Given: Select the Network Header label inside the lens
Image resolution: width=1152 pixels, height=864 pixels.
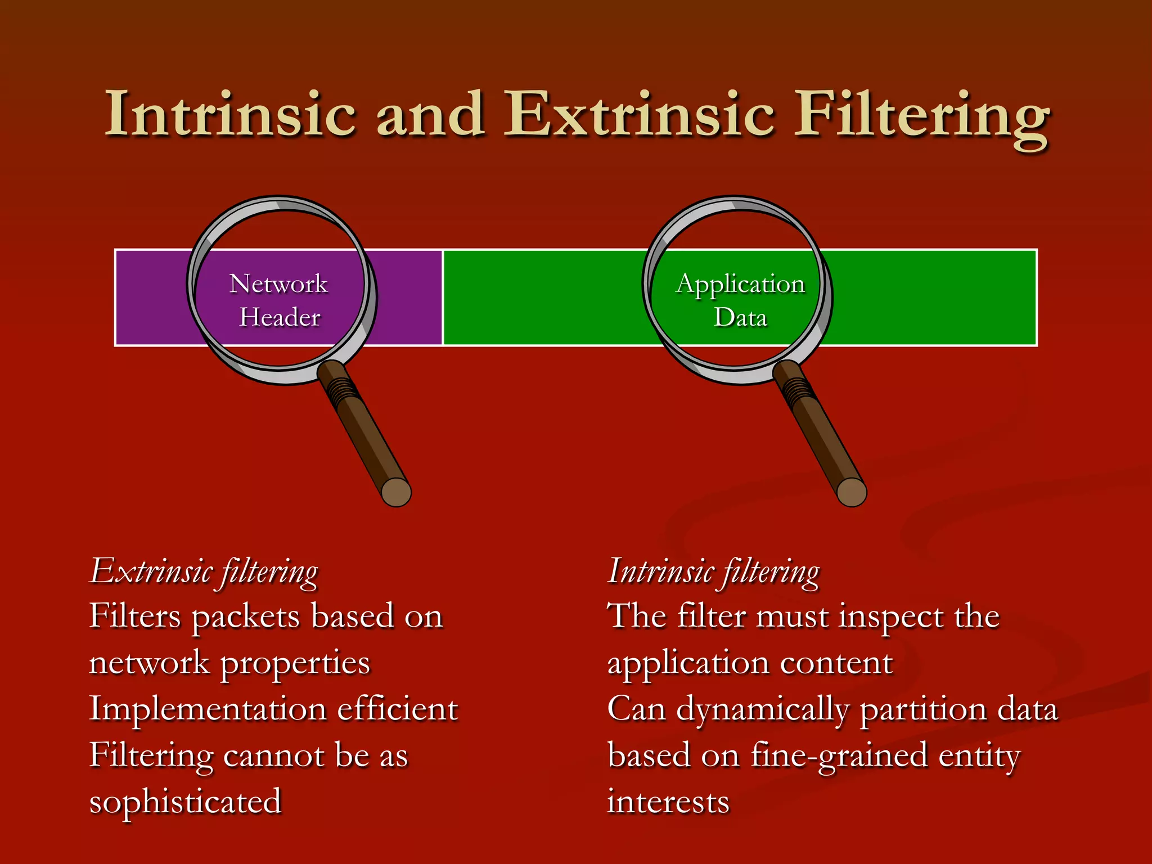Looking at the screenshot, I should tap(279, 300).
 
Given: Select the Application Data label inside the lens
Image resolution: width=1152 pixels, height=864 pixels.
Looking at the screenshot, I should tap(740, 300).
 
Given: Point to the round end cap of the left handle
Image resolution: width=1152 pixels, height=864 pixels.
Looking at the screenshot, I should tap(396, 492).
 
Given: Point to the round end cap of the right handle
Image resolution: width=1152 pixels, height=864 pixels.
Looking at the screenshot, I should tap(852, 492).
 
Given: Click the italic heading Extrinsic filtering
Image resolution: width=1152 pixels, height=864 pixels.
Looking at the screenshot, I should tap(204, 572).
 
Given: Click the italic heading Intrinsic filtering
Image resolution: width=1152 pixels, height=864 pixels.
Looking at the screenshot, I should tap(713, 572).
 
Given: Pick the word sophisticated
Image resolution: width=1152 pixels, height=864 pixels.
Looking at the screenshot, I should tap(185, 802).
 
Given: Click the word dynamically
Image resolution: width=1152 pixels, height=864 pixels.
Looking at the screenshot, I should tap(762, 710).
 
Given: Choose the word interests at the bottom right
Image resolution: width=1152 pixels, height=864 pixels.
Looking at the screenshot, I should tap(668, 801).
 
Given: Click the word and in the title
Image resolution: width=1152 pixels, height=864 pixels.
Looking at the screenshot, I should tap(430, 115).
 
